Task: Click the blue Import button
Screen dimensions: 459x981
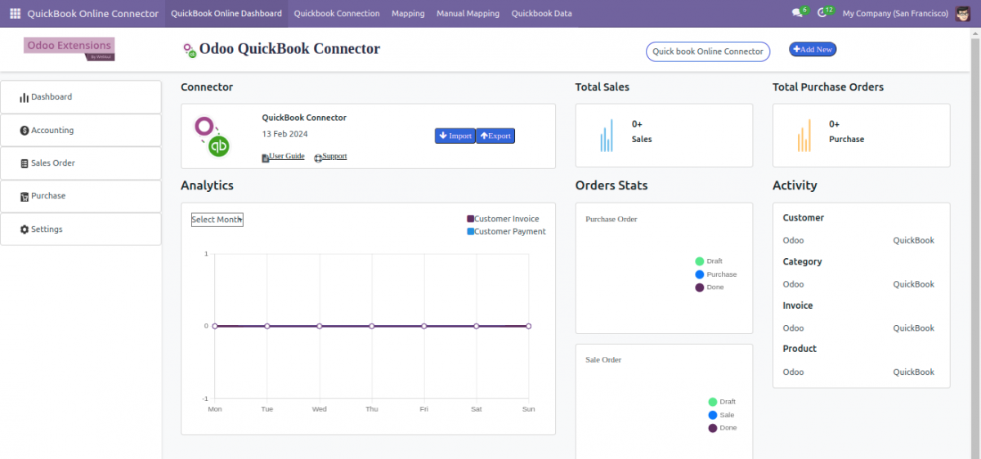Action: click(x=455, y=136)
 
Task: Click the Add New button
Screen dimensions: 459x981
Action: click(x=812, y=50)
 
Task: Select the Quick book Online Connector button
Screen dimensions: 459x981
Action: click(x=707, y=51)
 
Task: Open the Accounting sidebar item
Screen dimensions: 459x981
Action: click(x=52, y=130)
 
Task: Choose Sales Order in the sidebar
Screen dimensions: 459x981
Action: click(x=52, y=163)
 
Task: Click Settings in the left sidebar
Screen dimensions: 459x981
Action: click(x=47, y=229)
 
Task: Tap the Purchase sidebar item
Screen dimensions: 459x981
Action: click(x=48, y=196)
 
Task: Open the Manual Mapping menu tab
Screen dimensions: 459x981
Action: click(x=468, y=14)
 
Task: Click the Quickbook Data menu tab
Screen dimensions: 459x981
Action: click(x=541, y=14)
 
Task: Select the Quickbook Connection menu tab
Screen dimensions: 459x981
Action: click(x=337, y=14)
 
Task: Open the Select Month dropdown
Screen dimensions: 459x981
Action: click(x=217, y=220)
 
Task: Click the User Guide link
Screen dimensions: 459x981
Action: click(x=286, y=156)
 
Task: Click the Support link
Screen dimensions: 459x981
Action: click(x=334, y=156)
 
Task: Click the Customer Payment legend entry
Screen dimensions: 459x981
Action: click(x=506, y=232)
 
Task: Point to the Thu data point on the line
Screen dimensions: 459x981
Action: click(x=372, y=326)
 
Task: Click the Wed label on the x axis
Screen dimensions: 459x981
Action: click(x=320, y=409)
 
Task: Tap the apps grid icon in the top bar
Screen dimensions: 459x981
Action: click(x=15, y=14)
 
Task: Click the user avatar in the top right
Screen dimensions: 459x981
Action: click(x=963, y=14)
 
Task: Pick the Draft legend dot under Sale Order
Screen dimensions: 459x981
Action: click(x=713, y=402)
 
